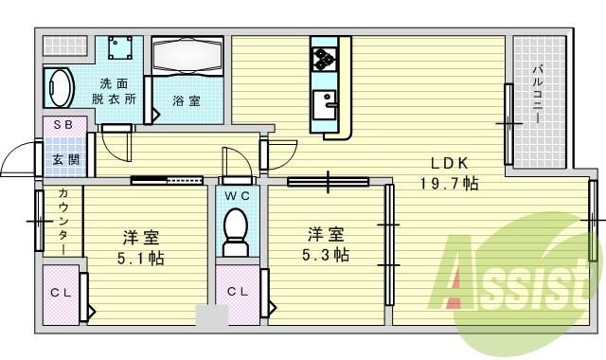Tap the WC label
(234, 195)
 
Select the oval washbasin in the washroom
(59, 88)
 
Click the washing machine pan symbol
(118, 48)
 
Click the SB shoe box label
(63, 125)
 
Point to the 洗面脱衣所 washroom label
(115, 89)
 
